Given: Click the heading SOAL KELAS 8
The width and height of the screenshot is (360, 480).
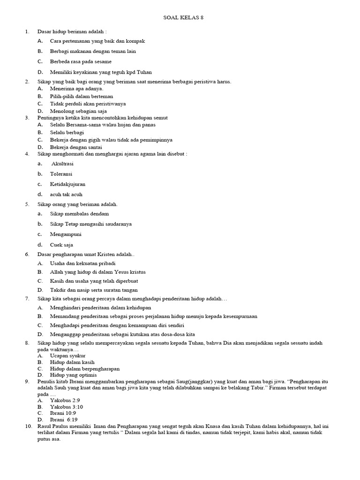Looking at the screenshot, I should point(183,18).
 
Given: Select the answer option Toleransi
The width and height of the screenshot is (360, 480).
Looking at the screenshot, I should point(61,174).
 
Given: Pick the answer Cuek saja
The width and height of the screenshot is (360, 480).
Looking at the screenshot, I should point(61,245).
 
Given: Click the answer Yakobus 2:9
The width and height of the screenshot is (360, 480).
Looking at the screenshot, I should point(65,400).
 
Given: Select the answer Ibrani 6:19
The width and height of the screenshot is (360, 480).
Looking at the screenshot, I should point(64,420).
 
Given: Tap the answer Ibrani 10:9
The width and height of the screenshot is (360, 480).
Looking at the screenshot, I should point(64,413).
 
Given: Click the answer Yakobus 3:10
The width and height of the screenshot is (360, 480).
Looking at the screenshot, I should point(66,407).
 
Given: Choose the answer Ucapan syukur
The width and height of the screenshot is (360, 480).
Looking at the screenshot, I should point(67,356).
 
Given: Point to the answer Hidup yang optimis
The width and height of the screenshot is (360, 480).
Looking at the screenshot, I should point(73,375).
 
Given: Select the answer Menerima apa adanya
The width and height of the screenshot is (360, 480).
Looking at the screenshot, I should point(76,88).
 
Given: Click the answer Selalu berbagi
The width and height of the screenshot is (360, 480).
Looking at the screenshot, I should point(67,132).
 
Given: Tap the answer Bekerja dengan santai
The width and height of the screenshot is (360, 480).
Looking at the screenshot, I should point(76,147).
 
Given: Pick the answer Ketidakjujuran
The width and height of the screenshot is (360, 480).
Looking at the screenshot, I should point(67,184).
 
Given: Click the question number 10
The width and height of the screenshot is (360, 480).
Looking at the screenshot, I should point(28,426).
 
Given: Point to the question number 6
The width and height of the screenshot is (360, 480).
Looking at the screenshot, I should point(27,254).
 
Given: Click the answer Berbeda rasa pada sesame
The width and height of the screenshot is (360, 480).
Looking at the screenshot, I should point(81,61).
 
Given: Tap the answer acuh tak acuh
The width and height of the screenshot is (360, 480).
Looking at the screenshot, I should point(66,195).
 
